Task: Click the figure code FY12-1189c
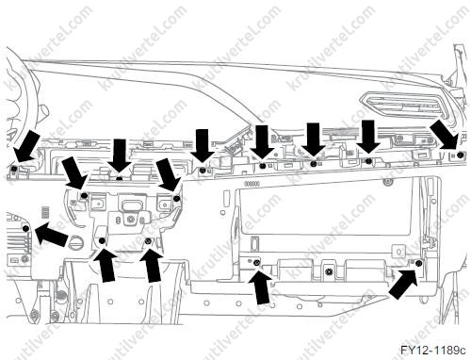point(432,350)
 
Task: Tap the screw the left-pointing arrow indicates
point(26,228)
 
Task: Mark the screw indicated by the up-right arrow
point(418,263)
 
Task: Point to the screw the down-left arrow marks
point(14,169)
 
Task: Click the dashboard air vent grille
point(406,106)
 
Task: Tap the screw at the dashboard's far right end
point(460,155)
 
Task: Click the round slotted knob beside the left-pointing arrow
point(75,242)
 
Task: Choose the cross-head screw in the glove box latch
point(329,270)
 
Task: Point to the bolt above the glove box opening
point(388,181)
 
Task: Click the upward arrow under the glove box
point(260,287)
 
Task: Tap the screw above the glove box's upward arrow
point(257,263)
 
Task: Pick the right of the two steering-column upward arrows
point(152,265)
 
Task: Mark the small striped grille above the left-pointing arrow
point(46,212)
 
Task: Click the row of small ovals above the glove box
point(252,184)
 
